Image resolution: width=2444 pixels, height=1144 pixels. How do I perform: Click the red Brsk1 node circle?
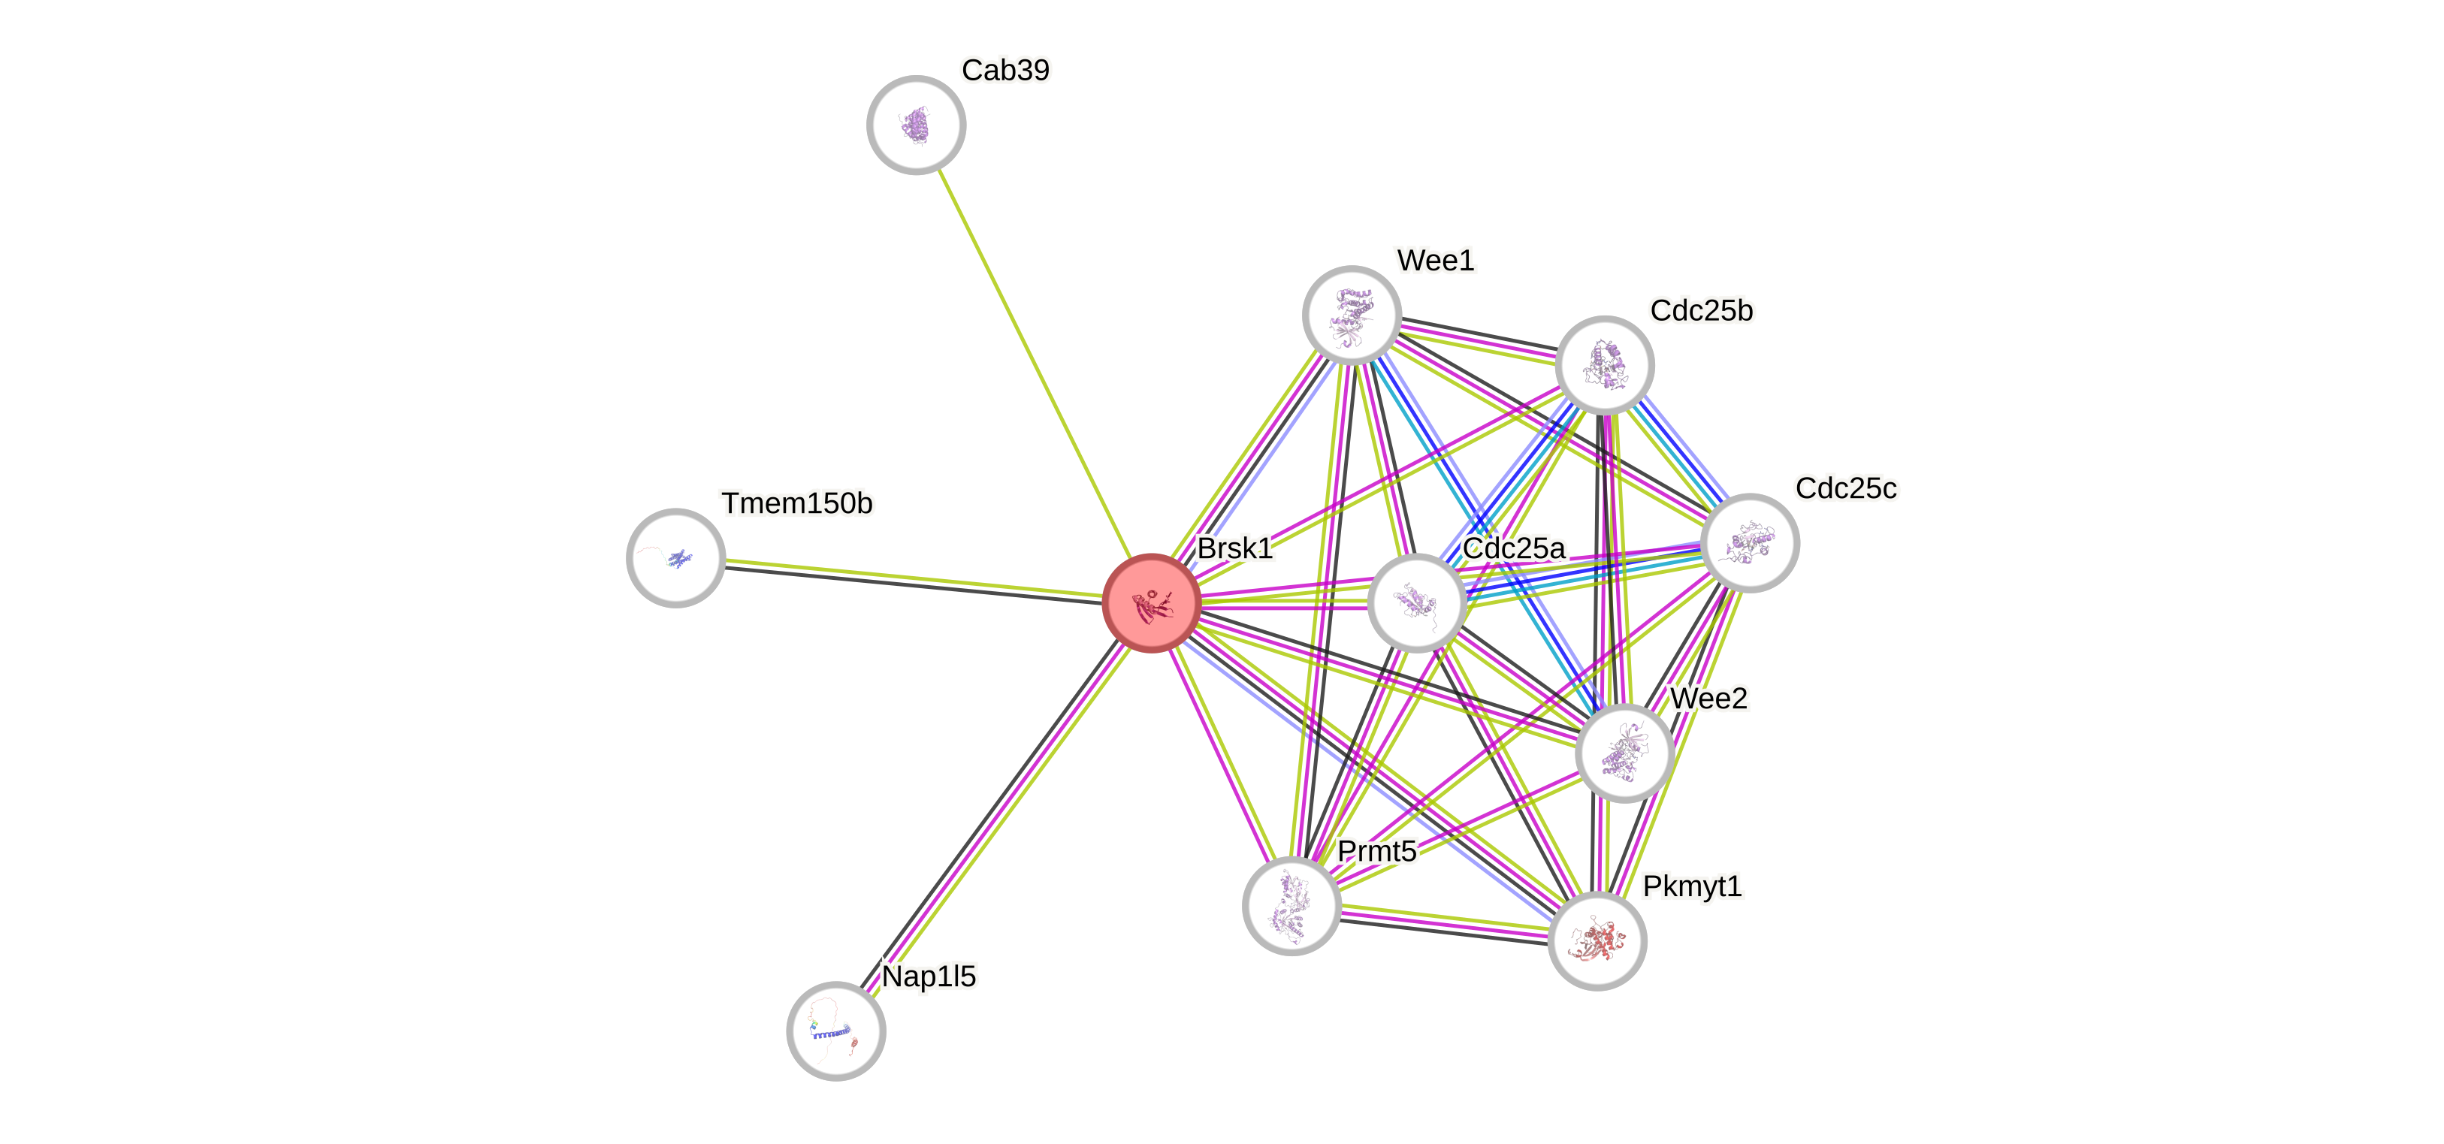pos(1152,603)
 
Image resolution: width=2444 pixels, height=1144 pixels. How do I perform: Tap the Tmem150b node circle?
pos(675,558)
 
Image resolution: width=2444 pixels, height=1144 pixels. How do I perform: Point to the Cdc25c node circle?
pos(1751,542)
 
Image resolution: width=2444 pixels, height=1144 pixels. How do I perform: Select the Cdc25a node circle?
pos(1416,603)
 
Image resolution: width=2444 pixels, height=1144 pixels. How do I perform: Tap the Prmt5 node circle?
pos(1291,906)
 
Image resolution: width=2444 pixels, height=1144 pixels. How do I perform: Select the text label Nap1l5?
pos(929,976)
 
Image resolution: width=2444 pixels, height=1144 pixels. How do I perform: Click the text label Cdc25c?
pos(1845,488)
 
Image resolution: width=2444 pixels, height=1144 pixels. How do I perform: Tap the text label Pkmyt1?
pos(1692,886)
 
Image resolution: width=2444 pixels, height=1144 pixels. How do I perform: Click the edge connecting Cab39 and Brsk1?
pos(1034,364)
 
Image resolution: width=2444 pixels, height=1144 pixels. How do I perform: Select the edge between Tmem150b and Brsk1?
pos(911,580)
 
